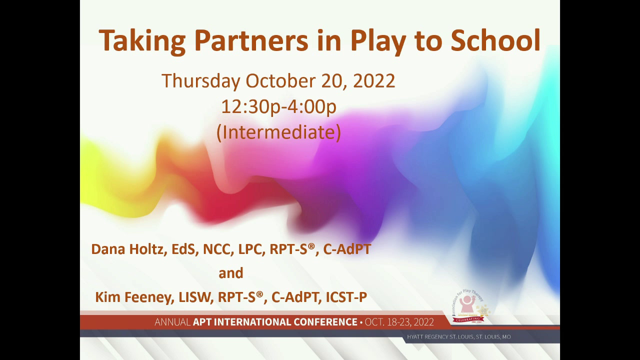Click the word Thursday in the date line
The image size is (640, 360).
(x=200, y=81)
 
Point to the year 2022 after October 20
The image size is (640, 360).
(x=374, y=81)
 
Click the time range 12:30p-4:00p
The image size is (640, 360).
(x=278, y=107)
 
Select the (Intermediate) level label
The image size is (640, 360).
(x=278, y=132)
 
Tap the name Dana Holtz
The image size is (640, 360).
(x=127, y=249)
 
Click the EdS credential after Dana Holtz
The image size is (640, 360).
(x=183, y=249)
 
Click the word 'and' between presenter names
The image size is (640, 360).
(x=231, y=273)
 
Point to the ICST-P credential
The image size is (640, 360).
(x=346, y=297)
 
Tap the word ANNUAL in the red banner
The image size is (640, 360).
(x=172, y=322)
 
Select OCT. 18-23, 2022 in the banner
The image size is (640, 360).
(x=399, y=322)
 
